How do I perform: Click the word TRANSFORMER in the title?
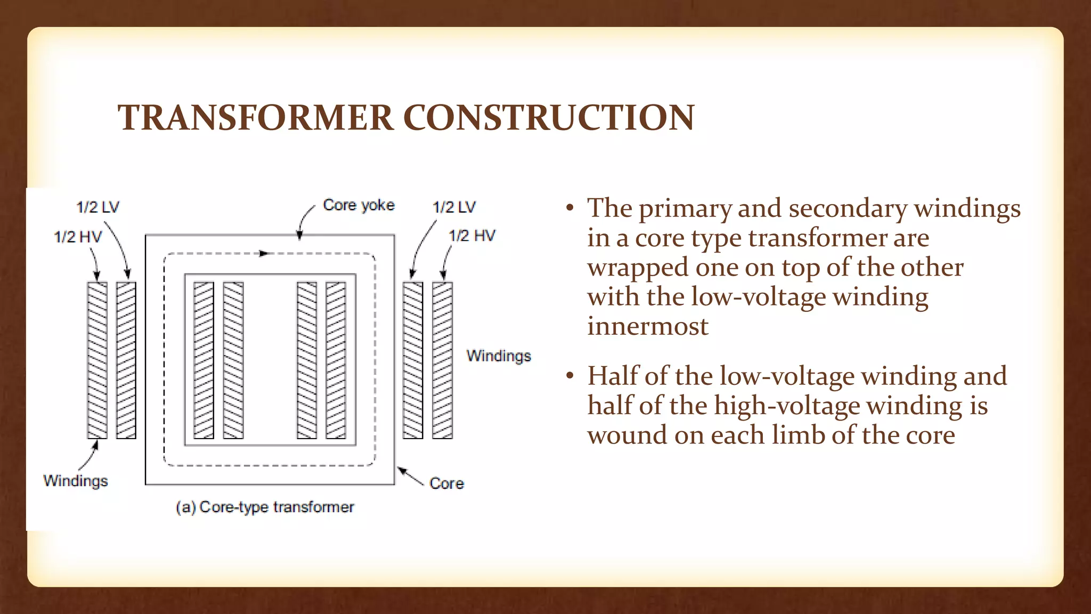tap(256, 117)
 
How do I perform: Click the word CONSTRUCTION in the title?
tap(549, 117)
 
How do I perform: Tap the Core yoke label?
tap(359, 205)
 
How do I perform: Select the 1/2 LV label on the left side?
tap(98, 207)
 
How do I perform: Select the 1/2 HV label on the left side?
tap(78, 237)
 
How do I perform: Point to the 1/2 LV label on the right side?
tap(454, 207)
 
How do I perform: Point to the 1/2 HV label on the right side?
tap(472, 236)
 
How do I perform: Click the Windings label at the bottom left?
tap(76, 481)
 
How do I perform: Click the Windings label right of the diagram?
tap(499, 356)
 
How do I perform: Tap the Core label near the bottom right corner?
tap(446, 483)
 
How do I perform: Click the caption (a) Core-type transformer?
tap(265, 507)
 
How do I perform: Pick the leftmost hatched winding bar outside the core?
tap(97, 360)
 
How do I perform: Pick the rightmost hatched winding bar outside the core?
tap(442, 360)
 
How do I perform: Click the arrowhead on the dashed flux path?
tap(263, 254)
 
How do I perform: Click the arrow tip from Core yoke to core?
tap(300, 236)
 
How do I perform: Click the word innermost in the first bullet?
tap(648, 326)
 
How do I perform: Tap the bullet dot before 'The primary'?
tap(570, 208)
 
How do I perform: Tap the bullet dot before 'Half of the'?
tap(570, 376)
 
